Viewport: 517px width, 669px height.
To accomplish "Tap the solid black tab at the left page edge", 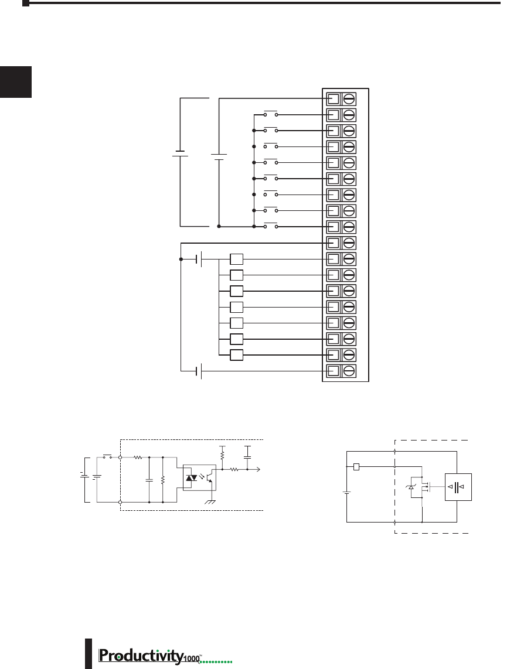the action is pyautogui.click(x=16, y=82).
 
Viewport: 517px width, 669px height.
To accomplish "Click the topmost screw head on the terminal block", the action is pyautogui.click(x=349, y=99).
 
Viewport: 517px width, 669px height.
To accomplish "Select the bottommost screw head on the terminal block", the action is pyautogui.click(x=349, y=370).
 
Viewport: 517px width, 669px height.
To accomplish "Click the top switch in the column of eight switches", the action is pyautogui.click(x=270, y=114).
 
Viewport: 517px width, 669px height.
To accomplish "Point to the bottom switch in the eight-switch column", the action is pyautogui.click(x=270, y=226).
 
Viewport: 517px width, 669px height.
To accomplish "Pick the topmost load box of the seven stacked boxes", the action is pyautogui.click(x=236, y=259).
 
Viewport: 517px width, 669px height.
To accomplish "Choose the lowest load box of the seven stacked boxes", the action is pyautogui.click(x=236, y=355).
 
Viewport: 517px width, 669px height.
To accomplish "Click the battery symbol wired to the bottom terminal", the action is pyautogui.click(x=199, y=371).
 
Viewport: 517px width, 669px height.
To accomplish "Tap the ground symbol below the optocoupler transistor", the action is pyautogui.click(x=210, y=501).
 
